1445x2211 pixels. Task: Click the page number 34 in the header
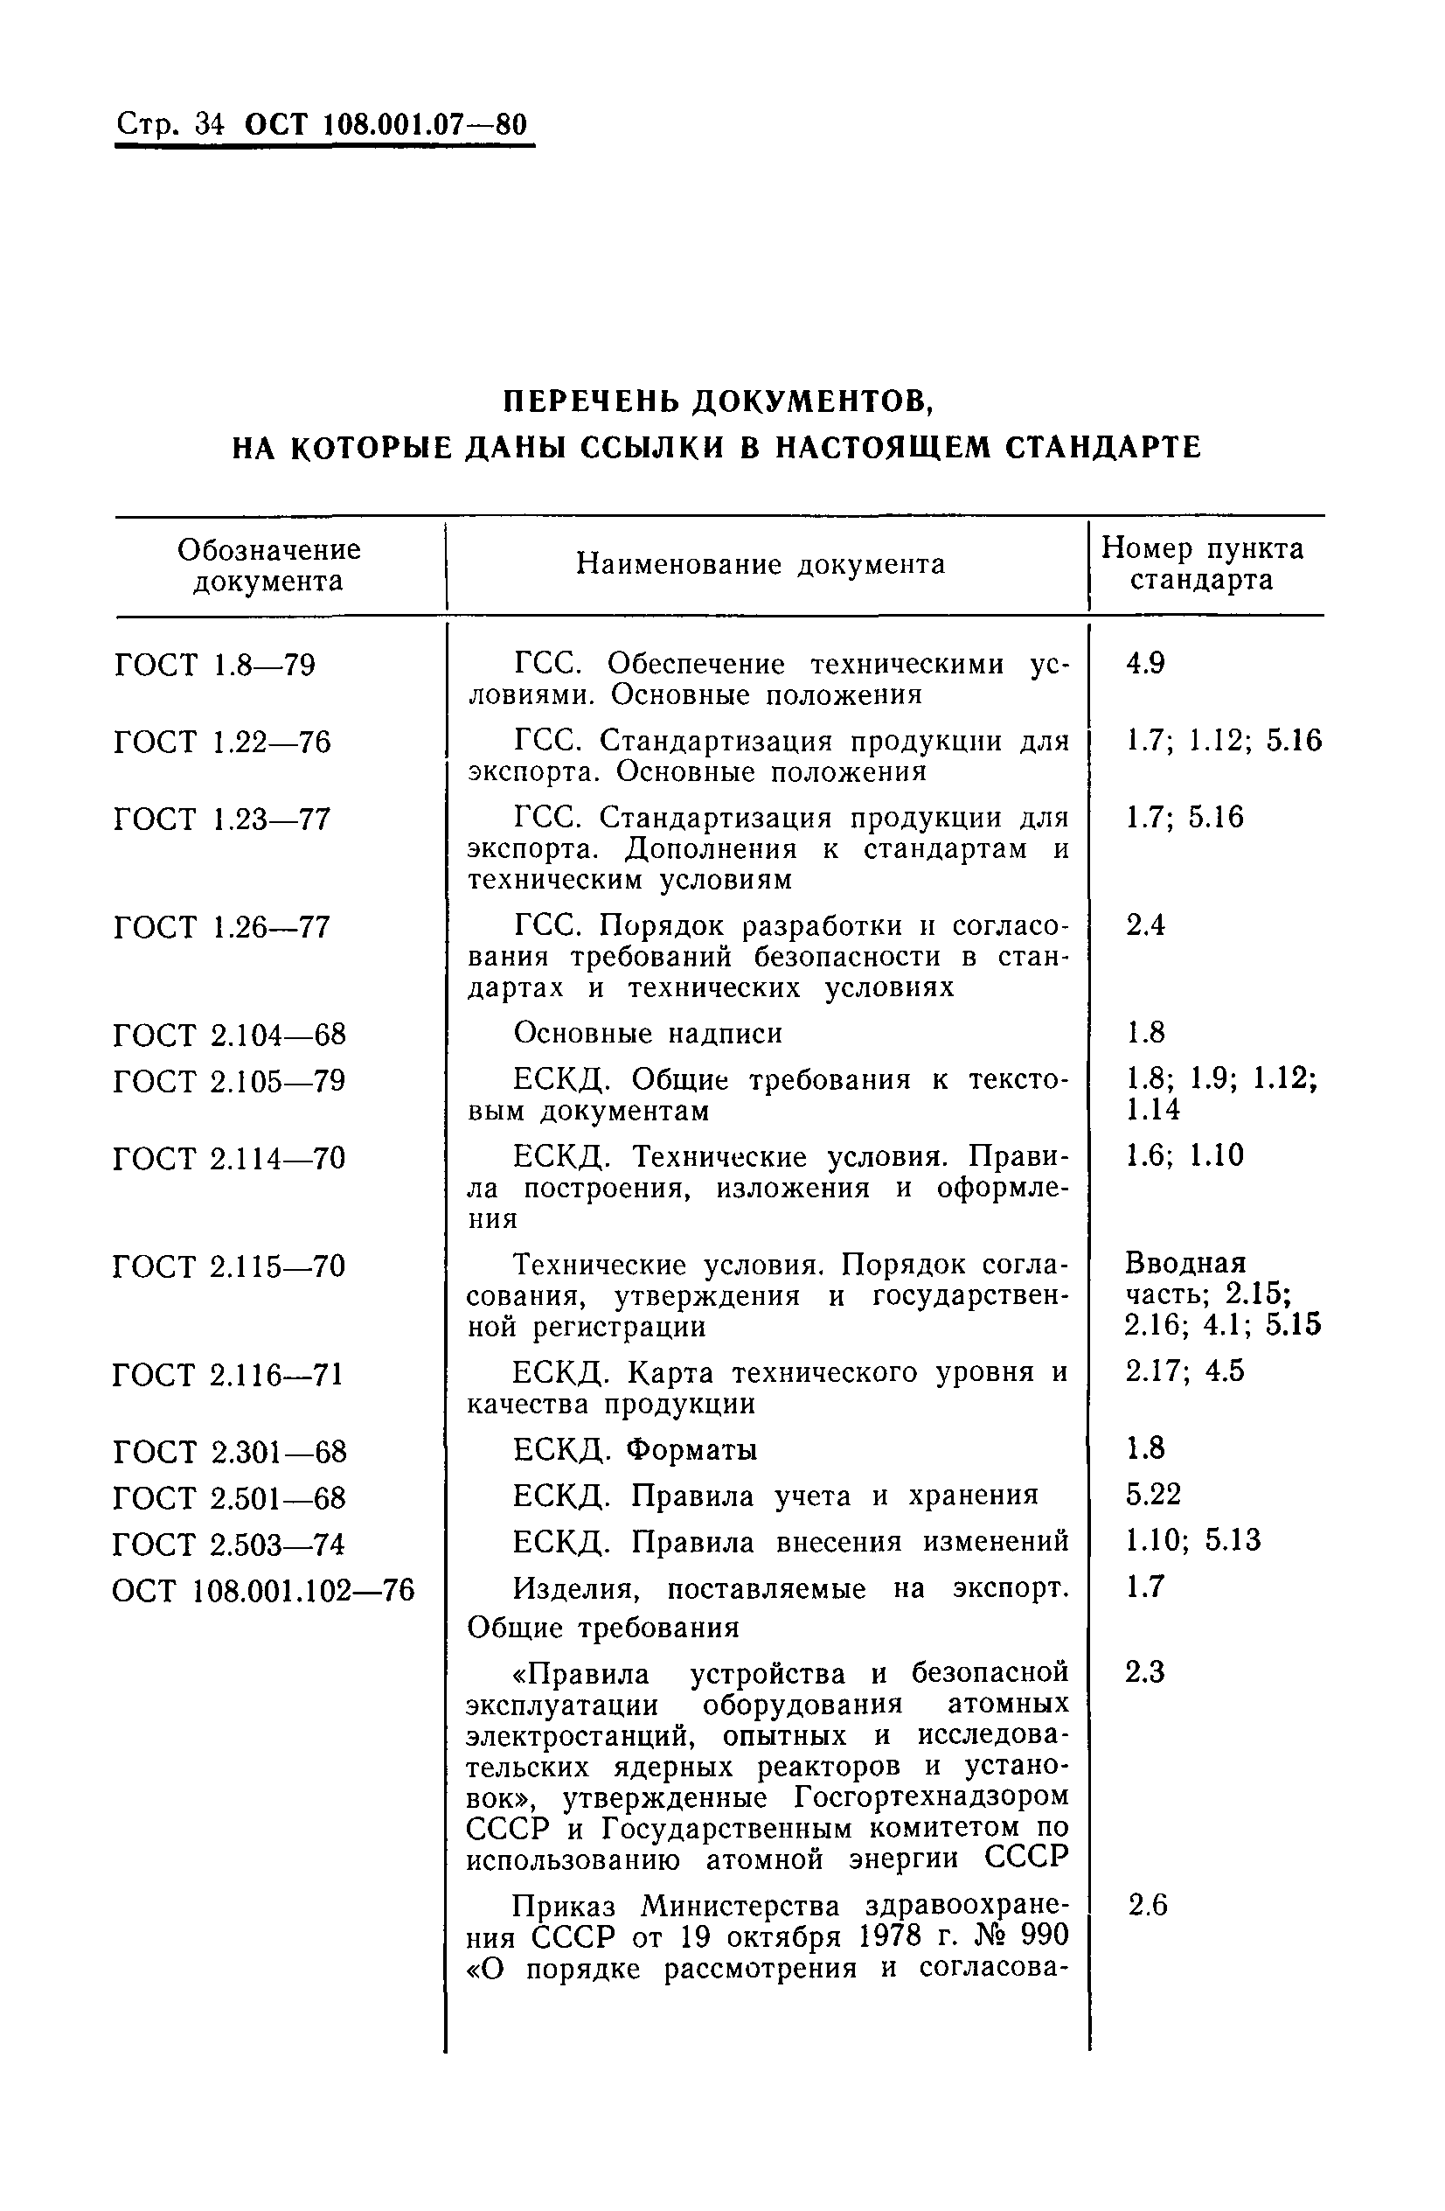click(210, 124)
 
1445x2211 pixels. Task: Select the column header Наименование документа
click(761, 564)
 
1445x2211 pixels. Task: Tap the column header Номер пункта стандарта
click(1203, 564)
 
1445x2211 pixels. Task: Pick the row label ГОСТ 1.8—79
click(214, 666)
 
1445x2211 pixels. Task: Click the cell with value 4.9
click(1145, 663)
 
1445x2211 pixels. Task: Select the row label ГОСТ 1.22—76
click(222, 743)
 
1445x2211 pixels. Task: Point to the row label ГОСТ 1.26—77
click(222, 927)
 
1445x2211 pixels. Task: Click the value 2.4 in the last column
click(1145, 925)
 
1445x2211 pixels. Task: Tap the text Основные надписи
click(647, 1033)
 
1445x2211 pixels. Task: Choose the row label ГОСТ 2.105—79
click(229, 1081)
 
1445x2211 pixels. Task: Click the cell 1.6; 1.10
click(1184, 1155)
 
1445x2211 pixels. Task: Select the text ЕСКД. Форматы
click(636, 1450)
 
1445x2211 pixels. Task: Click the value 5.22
click(1153, 1495)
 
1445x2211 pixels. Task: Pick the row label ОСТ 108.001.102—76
click(263, 1590)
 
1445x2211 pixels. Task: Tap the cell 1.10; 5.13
click(1193, 1541)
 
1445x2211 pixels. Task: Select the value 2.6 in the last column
click(1148, 1907)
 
